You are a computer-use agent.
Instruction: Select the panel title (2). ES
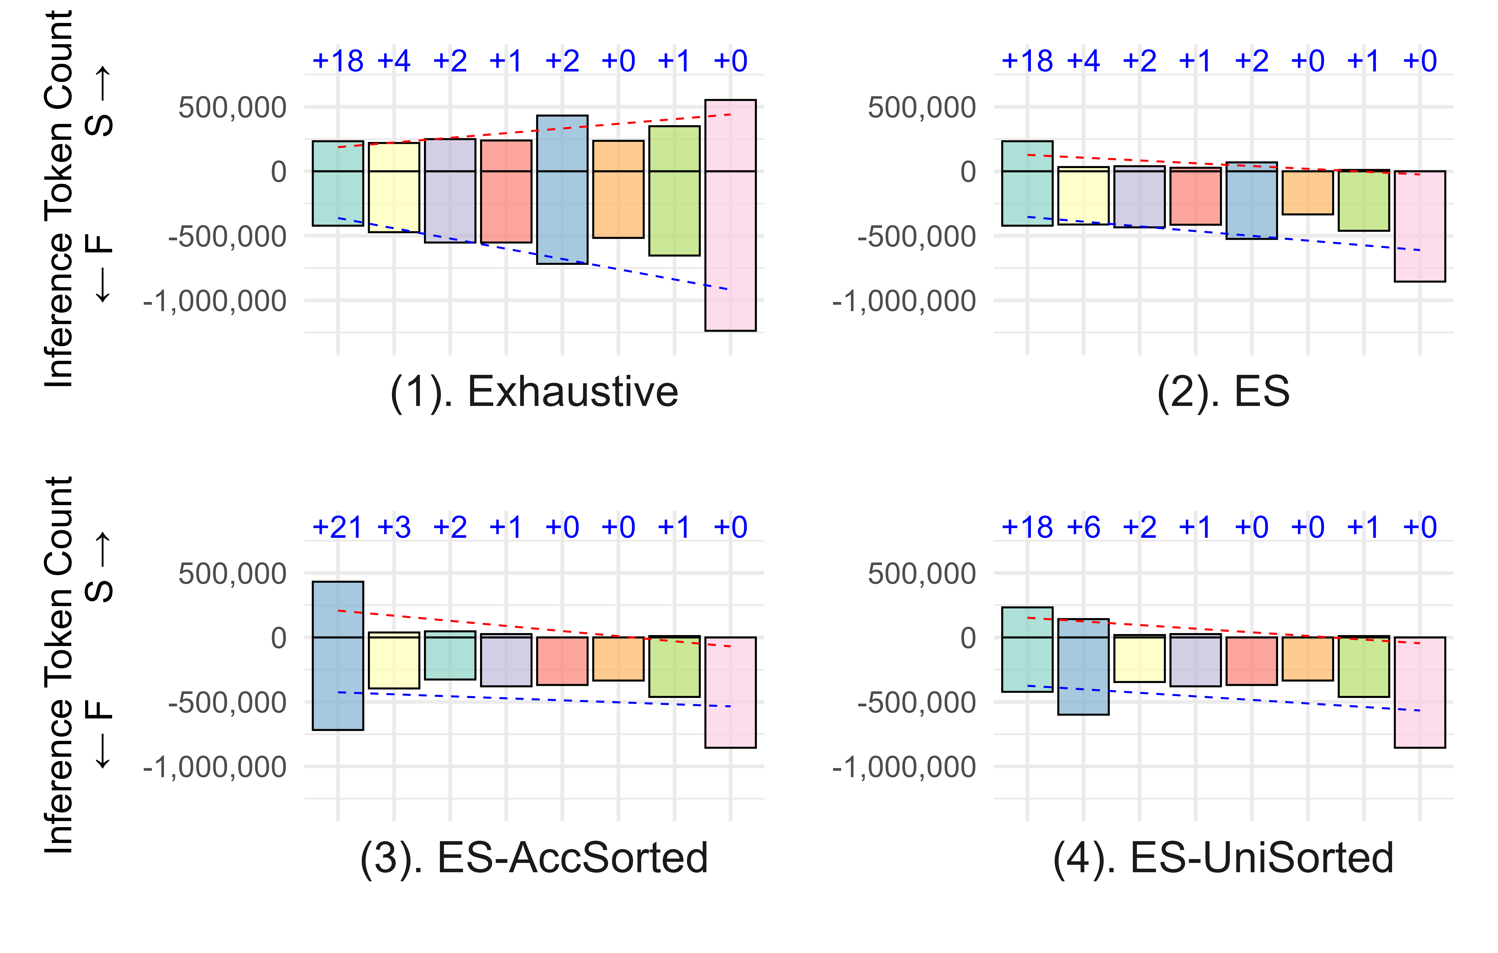[x=1223, y=392]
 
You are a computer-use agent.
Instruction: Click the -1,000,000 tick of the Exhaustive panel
[x=215, y=301]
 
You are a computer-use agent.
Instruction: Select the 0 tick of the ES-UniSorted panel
[x=968, y=638]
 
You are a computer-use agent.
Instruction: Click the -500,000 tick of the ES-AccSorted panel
[x=227, y=702]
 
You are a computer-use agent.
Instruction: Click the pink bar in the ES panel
[x=1420, y=226]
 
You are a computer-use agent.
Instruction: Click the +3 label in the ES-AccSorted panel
[x=394, y=528]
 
